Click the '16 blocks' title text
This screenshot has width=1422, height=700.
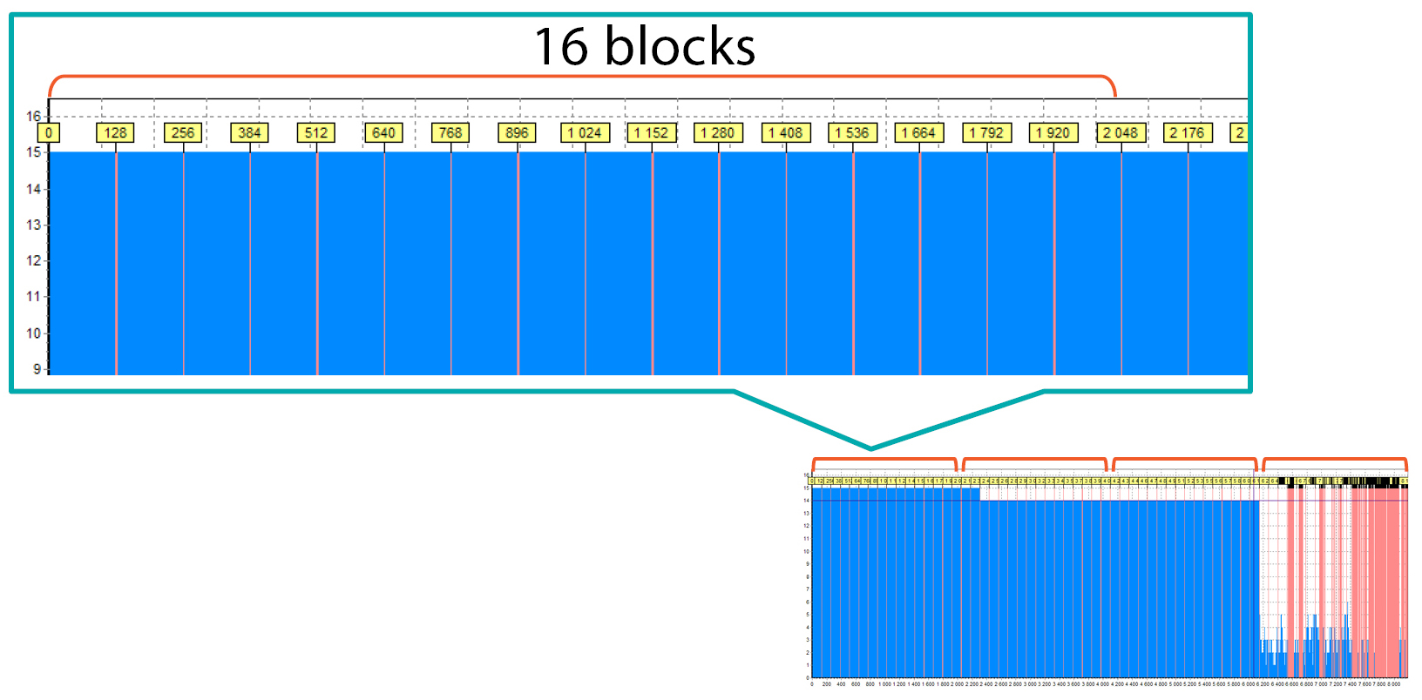click(x=644, y=46)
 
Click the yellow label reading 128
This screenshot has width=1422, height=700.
click(x=116, y=132)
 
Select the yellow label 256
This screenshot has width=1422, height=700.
click(x=183, y=132)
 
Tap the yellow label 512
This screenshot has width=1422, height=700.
click(x=316, y=132)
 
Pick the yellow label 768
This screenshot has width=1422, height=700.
click(x=450, y=132)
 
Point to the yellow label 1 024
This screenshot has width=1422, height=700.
click(x=585, y=132)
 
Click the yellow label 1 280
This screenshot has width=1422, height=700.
click(x=718, y=132)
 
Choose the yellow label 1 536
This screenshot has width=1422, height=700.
click(x=852, y=132)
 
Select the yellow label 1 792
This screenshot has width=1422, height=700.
click(x=986, y=132)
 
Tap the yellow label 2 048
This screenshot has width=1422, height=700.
click(x=1121, y=132)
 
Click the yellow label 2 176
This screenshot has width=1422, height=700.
click(x=1187, y=132)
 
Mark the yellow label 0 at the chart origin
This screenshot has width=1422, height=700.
click(x=49, y=132)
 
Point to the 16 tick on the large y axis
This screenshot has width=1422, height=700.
click(x=33, y=116)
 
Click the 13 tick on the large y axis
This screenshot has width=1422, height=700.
click(x=33, y=225)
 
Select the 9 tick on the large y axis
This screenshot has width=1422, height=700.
click(x=37, y=369)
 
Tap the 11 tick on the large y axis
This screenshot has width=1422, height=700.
click(x=33, y=297)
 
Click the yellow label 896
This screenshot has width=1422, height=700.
click(x=518, y=132)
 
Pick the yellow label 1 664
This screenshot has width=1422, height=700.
click(x=918, y=132)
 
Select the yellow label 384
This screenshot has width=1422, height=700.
click(x=249, y=132)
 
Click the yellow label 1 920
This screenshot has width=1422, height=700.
click(x=1053, y=132)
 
